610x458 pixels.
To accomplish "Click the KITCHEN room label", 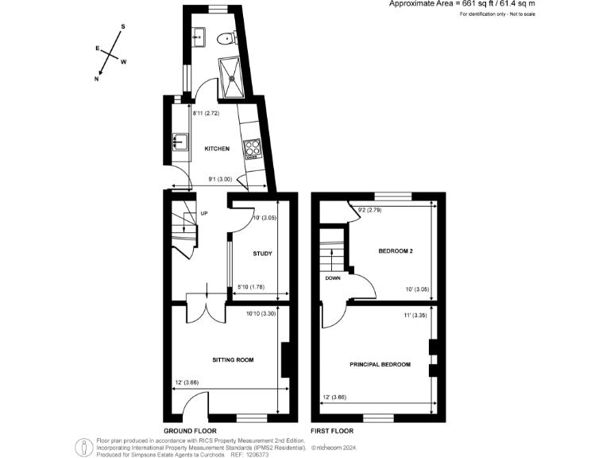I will pyautogui.click(x=217, y=149).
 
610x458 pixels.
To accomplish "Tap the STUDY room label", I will pyautogui.click(x=262, y=254).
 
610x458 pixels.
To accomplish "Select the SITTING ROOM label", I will pyautogui.click(x=233, y=359).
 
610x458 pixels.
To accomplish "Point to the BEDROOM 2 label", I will pyautogui.click(x=395, y=250).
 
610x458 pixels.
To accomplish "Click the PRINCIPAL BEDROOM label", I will pyautogui.click(x=380, y=364).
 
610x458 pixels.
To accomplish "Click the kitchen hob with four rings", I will pyautogui.click(x=254, y=149).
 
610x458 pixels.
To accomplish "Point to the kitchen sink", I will pyautogui.click(x=180, y=143).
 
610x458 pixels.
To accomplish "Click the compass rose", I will pyautogui.click(x=110, y=54).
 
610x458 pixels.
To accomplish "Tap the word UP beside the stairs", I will pyautogui.click(x=204, y=213).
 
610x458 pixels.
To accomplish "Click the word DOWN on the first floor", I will pyautogui.click(x=332, y=278).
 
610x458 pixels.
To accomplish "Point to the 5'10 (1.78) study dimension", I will pyautogui.click(x=253, y=286).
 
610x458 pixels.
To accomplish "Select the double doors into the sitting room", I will pyautogui.click(x=206, y=309).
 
